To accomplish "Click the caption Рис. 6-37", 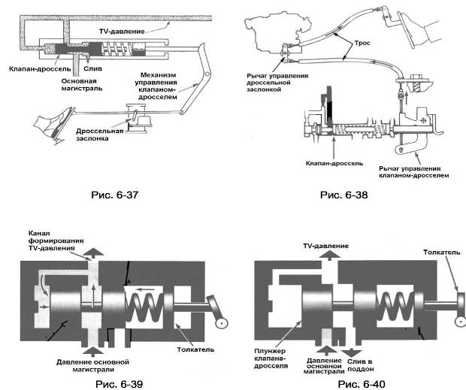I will [x=111, y=195].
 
